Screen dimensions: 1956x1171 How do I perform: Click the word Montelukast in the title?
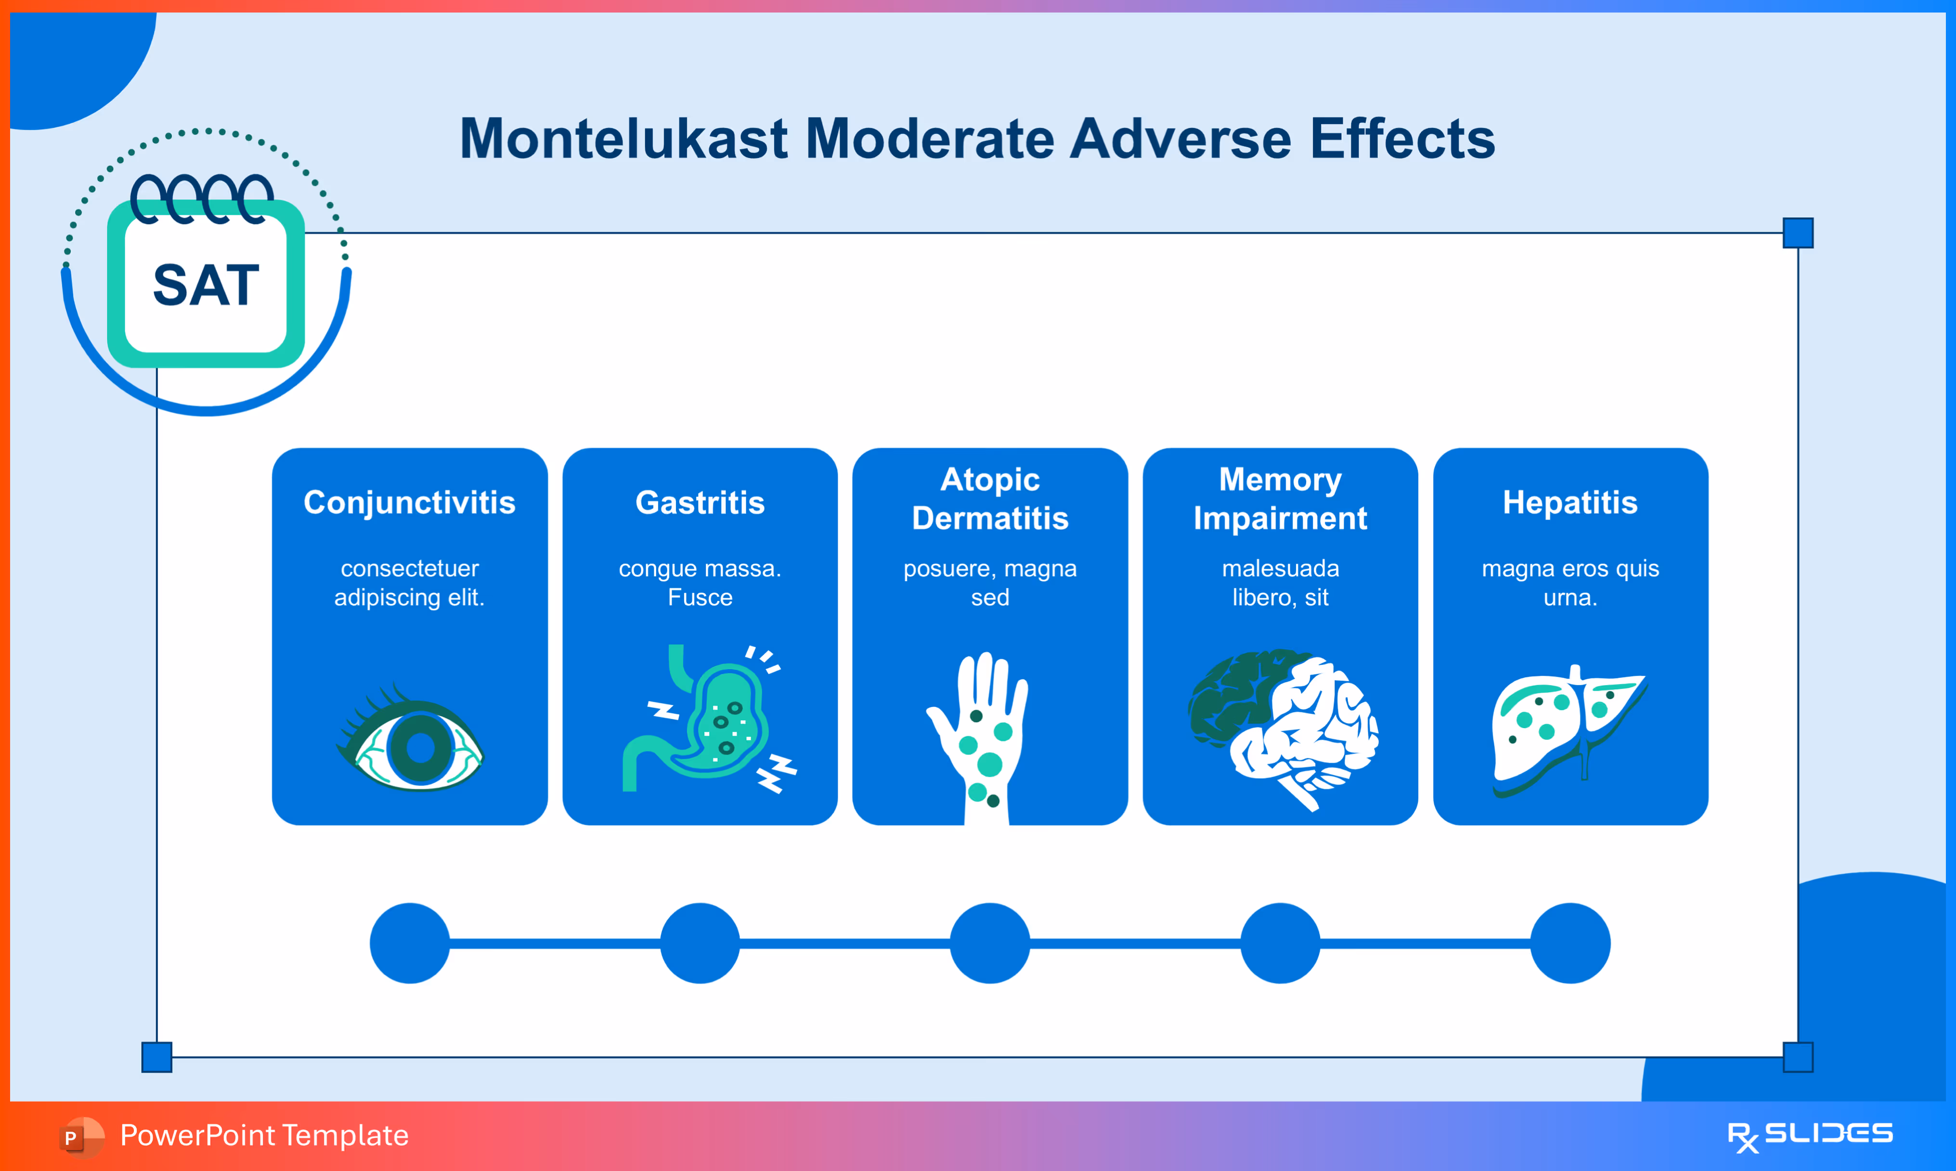click(x=623, y=139)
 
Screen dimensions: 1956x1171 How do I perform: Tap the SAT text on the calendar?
click(x=206, y=285)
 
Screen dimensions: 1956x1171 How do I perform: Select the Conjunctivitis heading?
click(x=409, y=503)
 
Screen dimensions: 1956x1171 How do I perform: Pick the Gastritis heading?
click(x=699, y=503)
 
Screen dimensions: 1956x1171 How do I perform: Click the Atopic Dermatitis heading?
click(x=990, y=499)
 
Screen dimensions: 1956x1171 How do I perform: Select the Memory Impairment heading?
click(x=1280, y=499)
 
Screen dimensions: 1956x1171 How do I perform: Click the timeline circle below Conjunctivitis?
click(x=409, y=943)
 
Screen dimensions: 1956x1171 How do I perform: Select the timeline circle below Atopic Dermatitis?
click(x=990, y=943)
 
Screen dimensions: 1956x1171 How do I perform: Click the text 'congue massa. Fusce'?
click(x=699, y=582)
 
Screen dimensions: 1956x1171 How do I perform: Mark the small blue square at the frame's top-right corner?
click(x=1798, y=233)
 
